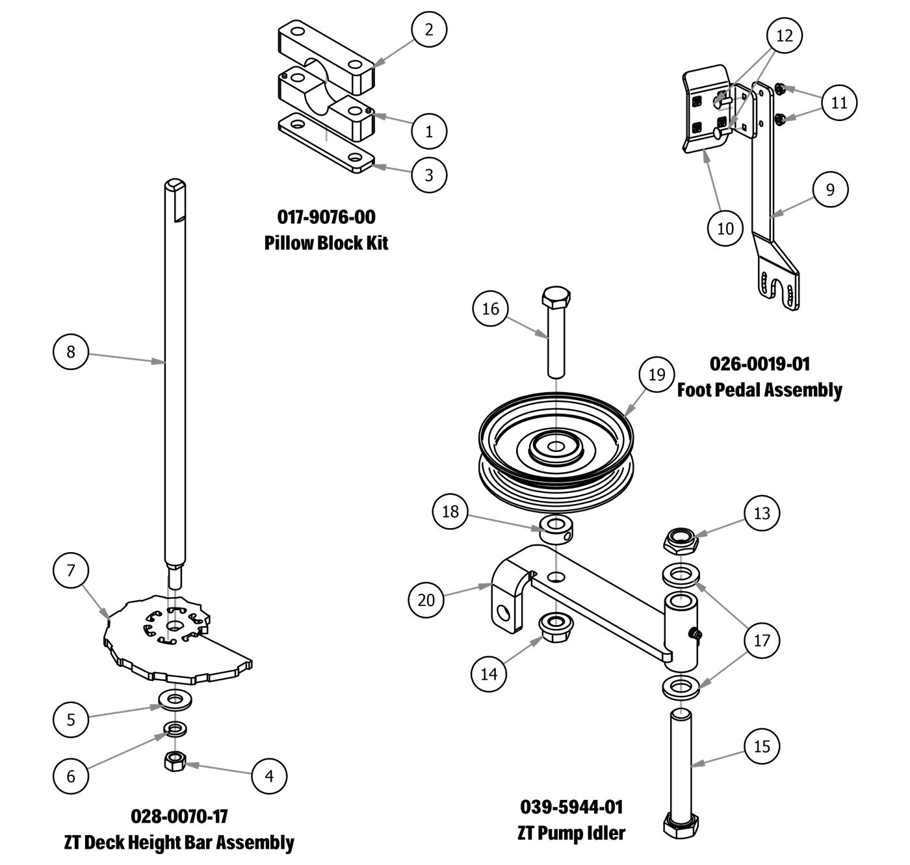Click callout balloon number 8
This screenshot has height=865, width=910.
71,352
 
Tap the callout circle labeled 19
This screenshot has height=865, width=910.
656,375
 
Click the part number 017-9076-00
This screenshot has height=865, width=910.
326,216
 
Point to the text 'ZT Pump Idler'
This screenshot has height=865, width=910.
571,833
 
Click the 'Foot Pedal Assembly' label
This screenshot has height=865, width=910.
759,390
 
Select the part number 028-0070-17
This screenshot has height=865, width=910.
179,816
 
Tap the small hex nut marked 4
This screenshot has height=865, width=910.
174,760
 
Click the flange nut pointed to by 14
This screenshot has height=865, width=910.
556,626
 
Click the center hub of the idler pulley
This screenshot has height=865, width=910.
556,447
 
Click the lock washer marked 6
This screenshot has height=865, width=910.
174,728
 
